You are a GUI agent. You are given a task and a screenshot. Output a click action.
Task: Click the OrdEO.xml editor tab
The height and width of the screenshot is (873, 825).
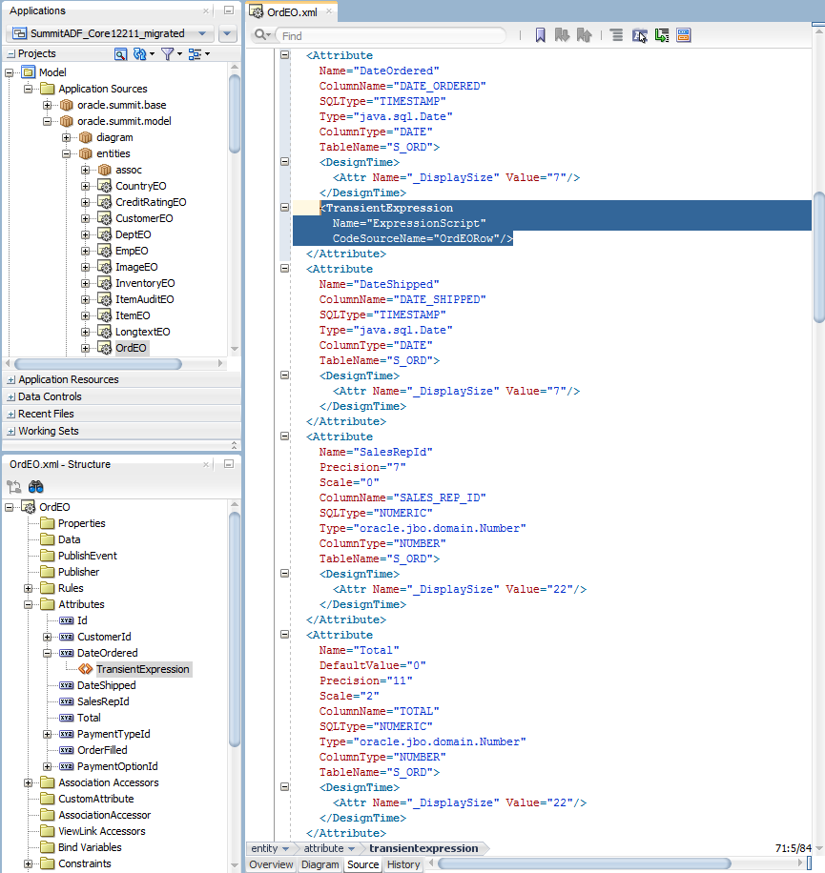(291, 11)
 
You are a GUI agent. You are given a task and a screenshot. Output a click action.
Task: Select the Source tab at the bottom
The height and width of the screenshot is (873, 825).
(362, 864)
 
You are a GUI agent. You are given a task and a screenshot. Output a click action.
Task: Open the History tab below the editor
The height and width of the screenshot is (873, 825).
(403, 864)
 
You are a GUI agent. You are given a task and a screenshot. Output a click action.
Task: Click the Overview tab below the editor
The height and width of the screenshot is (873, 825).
(271, 864)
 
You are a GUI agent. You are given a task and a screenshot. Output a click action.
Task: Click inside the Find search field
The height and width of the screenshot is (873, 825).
(390, 35)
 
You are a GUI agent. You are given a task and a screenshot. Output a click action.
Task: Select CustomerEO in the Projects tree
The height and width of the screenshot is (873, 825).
(144, 218)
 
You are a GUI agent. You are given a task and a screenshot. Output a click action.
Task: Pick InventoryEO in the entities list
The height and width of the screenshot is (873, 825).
(145, 283)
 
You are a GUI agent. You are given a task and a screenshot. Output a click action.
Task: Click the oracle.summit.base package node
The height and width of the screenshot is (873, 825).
(121, 105)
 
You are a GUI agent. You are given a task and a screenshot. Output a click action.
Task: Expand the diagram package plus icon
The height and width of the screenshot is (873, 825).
(67, 137)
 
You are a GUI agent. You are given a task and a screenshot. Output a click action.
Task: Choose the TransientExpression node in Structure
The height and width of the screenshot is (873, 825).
(143, 669)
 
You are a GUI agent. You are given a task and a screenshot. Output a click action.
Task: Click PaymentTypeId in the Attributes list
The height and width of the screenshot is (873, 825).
(113, 734)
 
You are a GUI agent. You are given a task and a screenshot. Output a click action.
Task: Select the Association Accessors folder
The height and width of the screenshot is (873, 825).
(108, 782)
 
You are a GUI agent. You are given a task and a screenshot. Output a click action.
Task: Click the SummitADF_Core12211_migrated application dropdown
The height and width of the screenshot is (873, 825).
(111, 33)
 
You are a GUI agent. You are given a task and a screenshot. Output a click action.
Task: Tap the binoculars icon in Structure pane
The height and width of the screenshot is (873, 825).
(35, 487)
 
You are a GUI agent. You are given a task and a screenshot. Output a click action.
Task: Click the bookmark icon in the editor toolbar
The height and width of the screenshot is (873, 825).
(540, 35)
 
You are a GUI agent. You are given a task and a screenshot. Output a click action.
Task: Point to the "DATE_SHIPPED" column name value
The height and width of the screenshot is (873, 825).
(440, 299)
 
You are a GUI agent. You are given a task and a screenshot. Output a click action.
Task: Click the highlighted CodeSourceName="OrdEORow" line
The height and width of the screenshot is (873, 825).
(423, 238)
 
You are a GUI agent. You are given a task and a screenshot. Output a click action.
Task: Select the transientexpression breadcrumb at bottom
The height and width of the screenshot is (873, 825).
(423, 848)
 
